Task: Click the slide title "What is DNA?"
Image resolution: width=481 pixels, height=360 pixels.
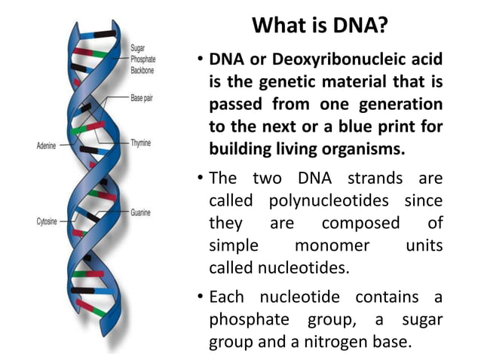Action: pos(320,27)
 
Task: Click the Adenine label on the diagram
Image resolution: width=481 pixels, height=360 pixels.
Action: pos(46,145)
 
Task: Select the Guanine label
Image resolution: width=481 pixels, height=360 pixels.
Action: pos(142,213)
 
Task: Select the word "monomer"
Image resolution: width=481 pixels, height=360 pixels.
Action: pos(332,246)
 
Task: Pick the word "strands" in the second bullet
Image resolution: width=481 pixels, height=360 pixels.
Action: pos(374,179)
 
